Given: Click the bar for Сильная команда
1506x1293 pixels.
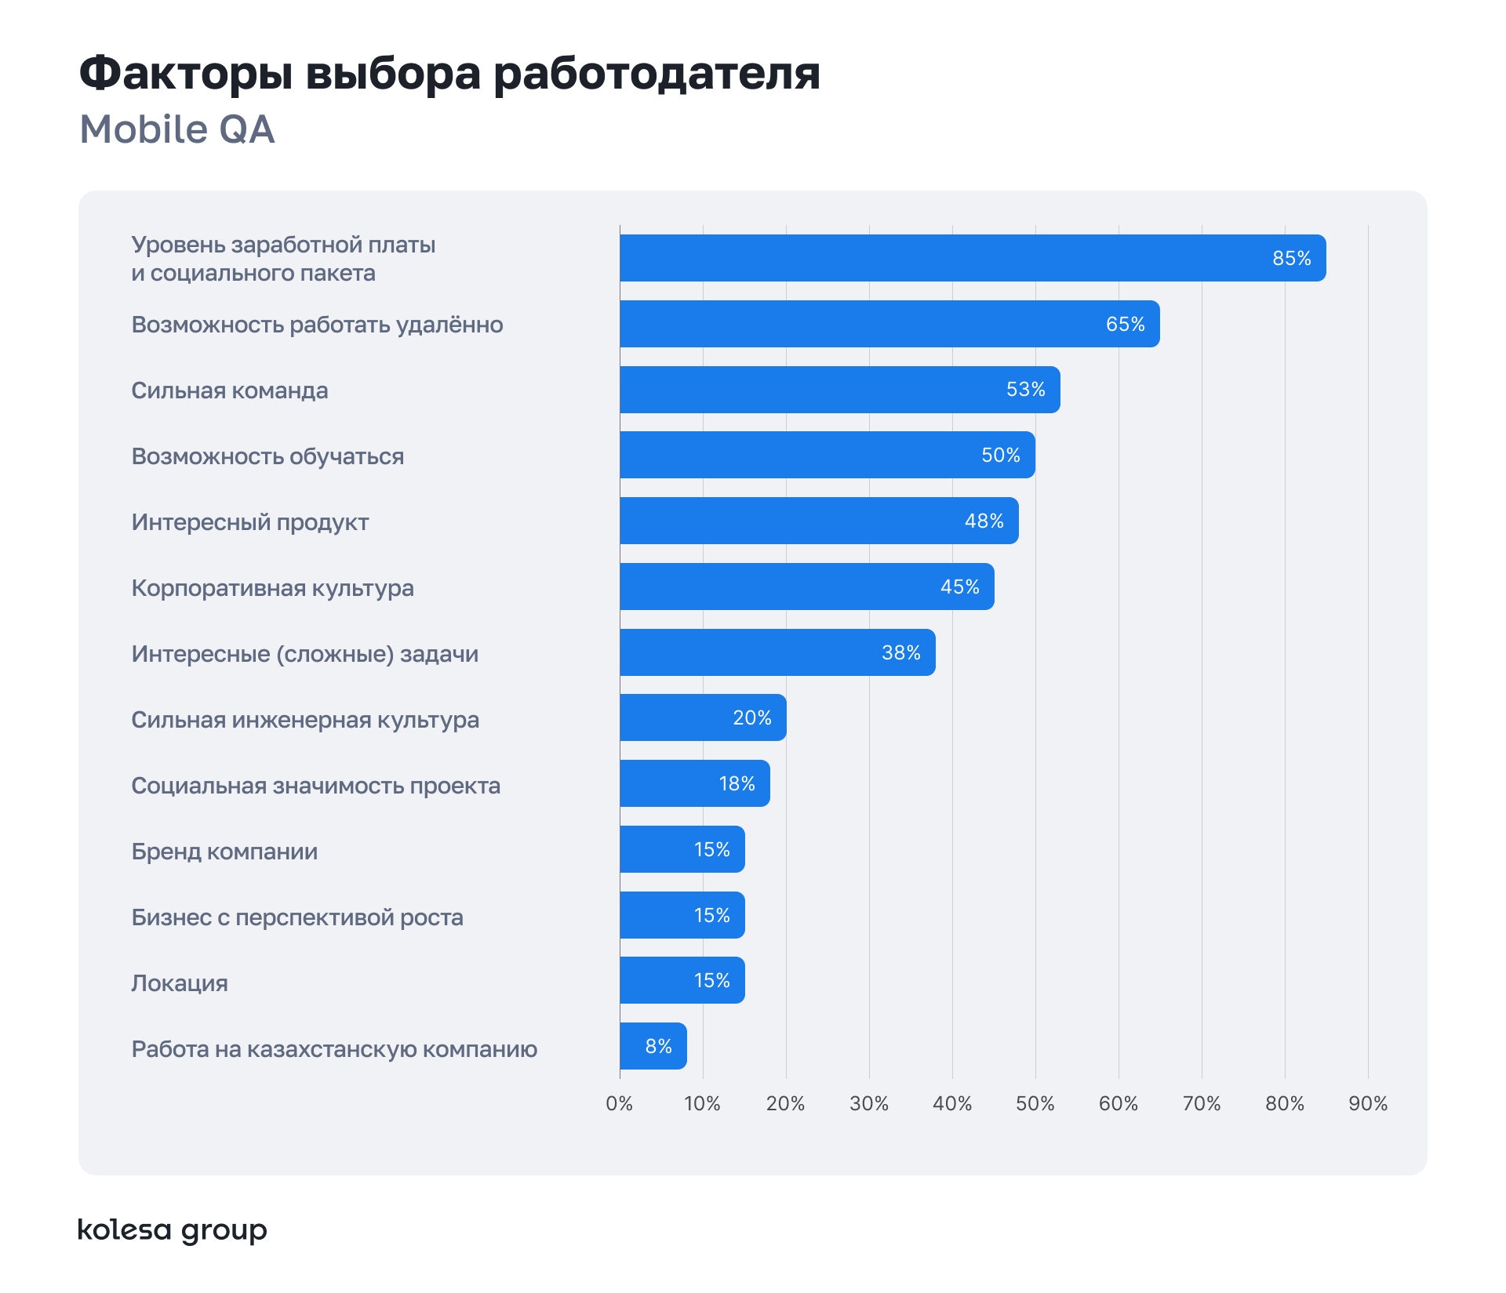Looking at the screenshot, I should (x=839, y=390).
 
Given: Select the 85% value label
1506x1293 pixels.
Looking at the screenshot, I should (x=1291, y=258).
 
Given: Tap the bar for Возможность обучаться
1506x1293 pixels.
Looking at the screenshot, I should (x=827, y=455).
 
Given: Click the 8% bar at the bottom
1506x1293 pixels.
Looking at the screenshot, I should (x=653, y=1046).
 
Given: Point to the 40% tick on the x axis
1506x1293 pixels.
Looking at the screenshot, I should (x=952, y=1103).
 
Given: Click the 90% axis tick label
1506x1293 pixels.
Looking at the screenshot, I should (x=1368, y=1103).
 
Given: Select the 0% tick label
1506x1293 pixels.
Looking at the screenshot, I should (x=619, y=1103).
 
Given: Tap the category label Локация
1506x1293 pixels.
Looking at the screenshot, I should (x=180, y=983).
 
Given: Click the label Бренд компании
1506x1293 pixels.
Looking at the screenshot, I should (x=224, y=852).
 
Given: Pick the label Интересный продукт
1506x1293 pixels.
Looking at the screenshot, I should (x=249, y=522).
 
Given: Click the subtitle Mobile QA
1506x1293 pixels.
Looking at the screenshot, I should (x=177, y=129).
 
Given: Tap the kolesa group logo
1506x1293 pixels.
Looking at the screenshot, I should (x=173, y=1230).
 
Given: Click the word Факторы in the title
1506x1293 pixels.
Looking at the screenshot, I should (x=186, y=74).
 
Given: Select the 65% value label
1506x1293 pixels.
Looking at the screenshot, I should (x=1125, y=324).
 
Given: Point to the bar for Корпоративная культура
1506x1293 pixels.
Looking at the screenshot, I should (x=806, y=587).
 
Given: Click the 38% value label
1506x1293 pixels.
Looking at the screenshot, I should (x=900, y=652).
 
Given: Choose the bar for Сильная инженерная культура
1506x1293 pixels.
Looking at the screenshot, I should (x=703, y=717).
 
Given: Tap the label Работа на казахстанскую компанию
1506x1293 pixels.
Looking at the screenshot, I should (x=334, y=1049).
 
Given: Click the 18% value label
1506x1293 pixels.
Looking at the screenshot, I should (x=737, y=783).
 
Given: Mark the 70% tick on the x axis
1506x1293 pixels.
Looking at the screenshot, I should (x=1202, y=1103).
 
